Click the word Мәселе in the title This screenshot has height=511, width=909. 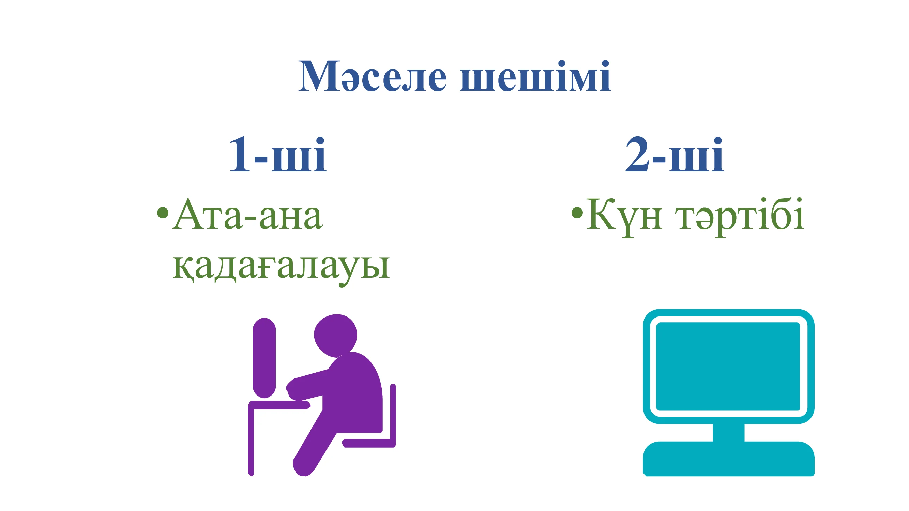point(372,76)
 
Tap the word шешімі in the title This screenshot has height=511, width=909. point(535,76)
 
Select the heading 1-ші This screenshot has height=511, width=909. point(278,154)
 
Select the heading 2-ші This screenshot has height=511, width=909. point(675,154)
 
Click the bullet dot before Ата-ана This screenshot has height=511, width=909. point(163,212)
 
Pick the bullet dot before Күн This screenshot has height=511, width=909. point(577,212)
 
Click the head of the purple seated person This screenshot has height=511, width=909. point(335,335)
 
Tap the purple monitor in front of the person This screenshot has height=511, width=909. point(264,358)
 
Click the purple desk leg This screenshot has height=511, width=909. point(251,441)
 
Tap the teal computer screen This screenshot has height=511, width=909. point(728,366)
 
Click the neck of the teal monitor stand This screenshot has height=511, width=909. point(729,432)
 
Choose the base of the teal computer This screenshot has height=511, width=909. point(729,459)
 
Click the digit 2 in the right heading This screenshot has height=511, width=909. point(637,154)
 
